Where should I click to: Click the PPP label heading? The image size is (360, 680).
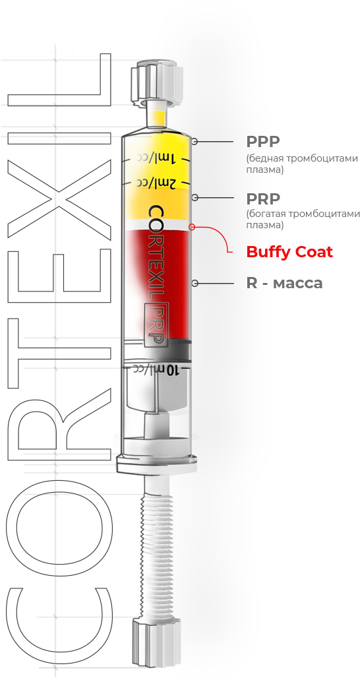point(263,141)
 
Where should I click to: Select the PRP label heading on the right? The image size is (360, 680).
point(263,199)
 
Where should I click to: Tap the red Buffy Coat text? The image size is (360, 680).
point(289,252)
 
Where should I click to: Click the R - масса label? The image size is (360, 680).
point(285,283)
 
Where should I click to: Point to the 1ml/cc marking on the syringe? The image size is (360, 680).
point(156,158)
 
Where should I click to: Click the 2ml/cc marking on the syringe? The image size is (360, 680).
point(156,182)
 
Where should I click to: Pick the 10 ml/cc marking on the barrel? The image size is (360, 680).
point(156,370)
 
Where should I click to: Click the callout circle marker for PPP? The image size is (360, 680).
point(195,141)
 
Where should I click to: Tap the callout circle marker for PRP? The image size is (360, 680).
point(195,198)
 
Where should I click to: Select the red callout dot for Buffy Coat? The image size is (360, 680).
point(192,226)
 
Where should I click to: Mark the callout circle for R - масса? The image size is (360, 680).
point(195,283)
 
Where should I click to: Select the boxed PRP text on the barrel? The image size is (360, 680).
point(156,325)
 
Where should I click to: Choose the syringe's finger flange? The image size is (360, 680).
point(156,463)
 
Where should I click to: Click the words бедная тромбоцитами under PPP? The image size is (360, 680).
point(303,158)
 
